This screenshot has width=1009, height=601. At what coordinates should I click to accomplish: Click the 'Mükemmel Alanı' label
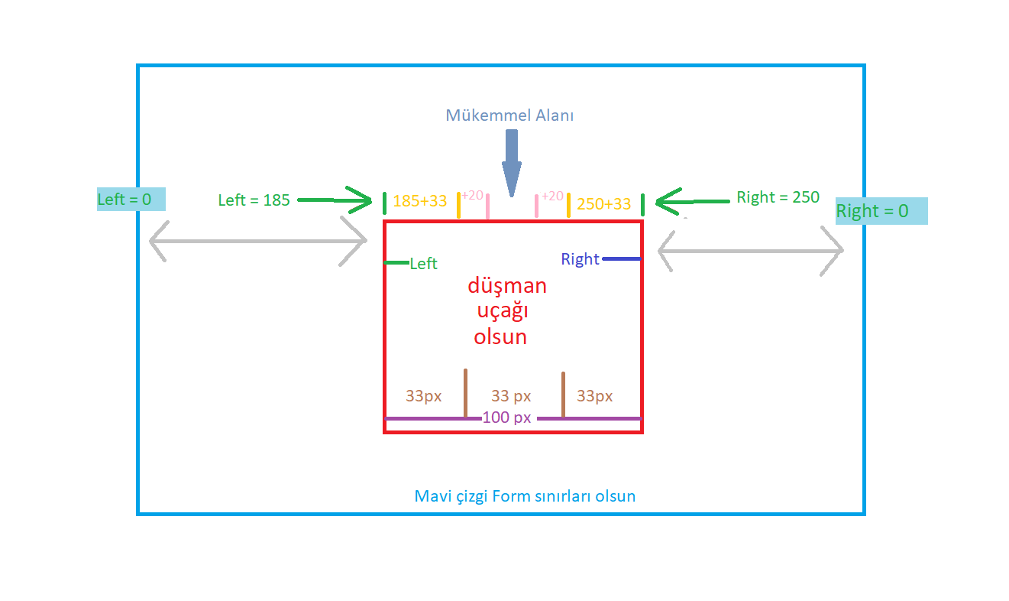point(509,115)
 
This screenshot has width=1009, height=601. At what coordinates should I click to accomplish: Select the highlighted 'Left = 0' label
point(131,200)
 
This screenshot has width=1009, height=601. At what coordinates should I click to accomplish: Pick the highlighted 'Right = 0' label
point(881,211)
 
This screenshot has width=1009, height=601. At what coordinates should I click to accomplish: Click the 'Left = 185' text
point(254,200)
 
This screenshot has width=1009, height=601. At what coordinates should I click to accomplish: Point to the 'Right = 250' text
point(778,197)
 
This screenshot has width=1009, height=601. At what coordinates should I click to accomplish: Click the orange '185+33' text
point(419,203)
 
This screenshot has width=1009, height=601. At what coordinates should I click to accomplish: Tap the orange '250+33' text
point(603,204)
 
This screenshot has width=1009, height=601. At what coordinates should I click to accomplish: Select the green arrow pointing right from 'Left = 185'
point(336,201)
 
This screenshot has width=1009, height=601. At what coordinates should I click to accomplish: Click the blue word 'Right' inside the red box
point(580,259)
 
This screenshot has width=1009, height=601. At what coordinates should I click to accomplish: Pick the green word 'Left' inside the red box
point(423,264)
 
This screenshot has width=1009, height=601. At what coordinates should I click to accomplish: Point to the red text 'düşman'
point(507,286)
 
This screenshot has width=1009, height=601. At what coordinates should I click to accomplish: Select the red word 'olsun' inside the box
point(500,337)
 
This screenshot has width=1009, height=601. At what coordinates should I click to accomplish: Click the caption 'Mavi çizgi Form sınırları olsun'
point(525,496)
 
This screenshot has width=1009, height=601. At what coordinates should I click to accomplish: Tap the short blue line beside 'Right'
point(621,259)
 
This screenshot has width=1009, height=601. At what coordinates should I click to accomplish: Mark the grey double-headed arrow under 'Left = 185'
point(258,241)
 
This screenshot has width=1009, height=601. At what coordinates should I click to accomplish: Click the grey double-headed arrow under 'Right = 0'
point(750,250)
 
